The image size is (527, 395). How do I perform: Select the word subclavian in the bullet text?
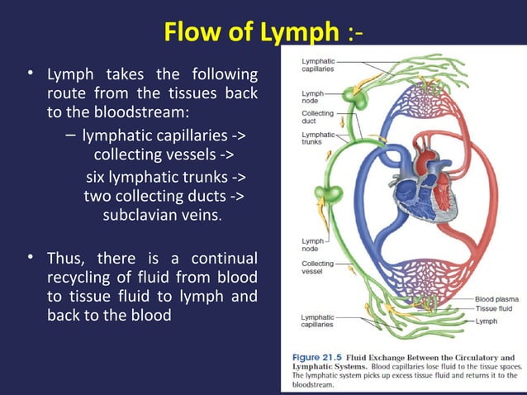pyautogui.click(x=139, y=216)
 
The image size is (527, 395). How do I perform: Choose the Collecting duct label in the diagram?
pyautogui.click(x=318, y=117)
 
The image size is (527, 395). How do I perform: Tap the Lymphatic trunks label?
pyautogui.click(x=318, y=138)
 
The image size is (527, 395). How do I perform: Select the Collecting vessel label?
pyautogui.click(x=318, y=267)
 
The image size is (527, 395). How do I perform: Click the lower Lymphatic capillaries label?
pyautogui.click(x=318, y=321)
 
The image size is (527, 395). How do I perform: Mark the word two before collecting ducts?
pyautogui.click(x=99, y=197)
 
